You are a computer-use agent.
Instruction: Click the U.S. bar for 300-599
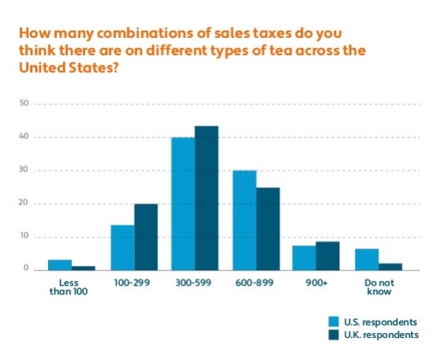(183, 204)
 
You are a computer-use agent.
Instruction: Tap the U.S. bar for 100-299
(122, 248)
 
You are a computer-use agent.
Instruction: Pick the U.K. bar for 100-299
(146, 237)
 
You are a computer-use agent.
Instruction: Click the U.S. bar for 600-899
(244, 220)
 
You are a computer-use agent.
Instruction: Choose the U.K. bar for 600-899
(268, 229)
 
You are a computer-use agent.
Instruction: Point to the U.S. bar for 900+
(305, 258)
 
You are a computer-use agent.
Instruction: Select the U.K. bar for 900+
(328, 256)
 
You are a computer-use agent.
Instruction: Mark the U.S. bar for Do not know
(366, 260)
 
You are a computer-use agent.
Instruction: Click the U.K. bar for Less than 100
(84, 268)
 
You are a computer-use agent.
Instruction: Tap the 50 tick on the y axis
(24, 103)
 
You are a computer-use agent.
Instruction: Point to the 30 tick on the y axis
(24, 170)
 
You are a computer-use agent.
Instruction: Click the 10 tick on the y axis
(24, 236)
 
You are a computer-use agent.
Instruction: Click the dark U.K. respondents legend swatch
(334, 335)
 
